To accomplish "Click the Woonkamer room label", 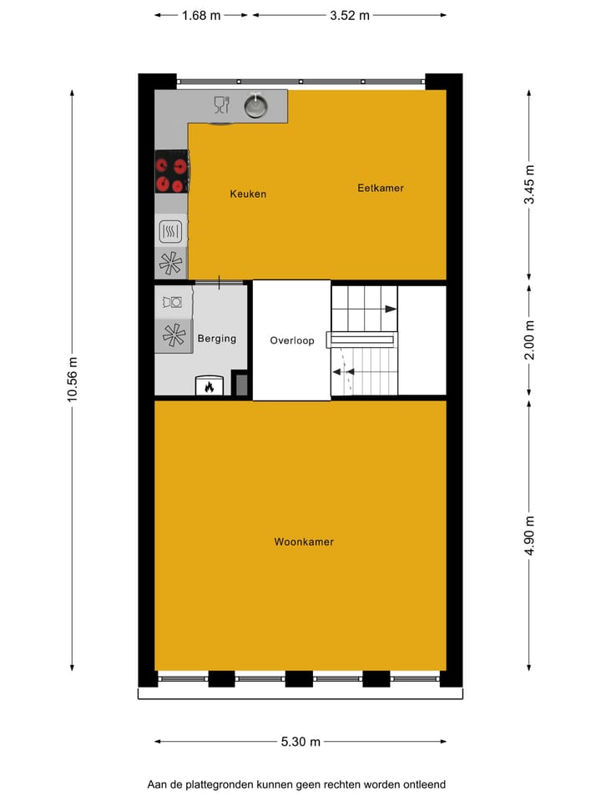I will coord(304,542).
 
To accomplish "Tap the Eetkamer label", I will coord(380,189).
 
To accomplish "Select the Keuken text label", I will coord(248,194).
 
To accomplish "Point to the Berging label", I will coord(217,339).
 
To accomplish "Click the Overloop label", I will coord(292,341).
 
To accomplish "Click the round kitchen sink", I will coord(255,106).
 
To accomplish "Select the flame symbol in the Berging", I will coord(209,386).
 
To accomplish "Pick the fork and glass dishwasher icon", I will coord(221,104).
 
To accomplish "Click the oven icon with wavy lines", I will coord(170,231).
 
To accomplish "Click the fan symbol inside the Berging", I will coord(174,335).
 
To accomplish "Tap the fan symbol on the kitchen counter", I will coord(170,263).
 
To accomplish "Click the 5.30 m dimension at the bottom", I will coord(300,742).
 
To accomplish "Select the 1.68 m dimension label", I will coord(202,15).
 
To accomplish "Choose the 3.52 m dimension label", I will coord(350,15).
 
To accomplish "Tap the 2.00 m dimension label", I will coord(529,340).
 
